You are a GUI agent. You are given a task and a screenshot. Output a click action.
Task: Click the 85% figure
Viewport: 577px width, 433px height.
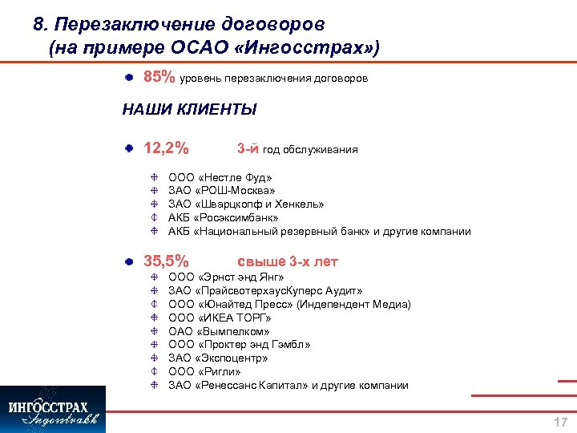[x=159, y=78]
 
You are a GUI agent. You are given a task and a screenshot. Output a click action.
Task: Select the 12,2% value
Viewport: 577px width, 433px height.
[x=166, y=148]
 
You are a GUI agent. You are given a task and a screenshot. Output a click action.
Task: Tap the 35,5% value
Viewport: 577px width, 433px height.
[x=166, y=261]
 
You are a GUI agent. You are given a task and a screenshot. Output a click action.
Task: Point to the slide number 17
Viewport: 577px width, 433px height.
[x=560, y=422]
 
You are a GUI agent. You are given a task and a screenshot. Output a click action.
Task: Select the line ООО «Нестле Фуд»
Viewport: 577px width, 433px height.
[x=220, y=177]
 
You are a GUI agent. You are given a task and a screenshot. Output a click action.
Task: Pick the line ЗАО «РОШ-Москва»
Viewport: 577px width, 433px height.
[x=222, y=191]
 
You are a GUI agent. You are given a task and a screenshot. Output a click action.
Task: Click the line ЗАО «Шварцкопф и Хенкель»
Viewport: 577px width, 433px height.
[x=246, y=204]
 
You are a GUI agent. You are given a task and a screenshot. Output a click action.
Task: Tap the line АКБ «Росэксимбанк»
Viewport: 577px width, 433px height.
[x=224, y=218]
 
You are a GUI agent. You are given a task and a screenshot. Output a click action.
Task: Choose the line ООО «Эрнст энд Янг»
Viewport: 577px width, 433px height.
[x=226, y=277]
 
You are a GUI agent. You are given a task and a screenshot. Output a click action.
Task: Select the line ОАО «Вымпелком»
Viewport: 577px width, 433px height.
[x=219, y=331]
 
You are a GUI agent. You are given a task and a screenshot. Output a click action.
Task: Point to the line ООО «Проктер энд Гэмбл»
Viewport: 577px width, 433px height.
[x=239, y=345]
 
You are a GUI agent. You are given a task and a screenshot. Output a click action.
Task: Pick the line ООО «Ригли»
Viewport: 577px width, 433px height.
[x=204, y=372]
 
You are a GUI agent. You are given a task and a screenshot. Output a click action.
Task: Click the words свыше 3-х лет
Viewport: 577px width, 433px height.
[x=288, y=261]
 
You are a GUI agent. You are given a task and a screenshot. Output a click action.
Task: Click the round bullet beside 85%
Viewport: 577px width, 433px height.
[x=129, y=78]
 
